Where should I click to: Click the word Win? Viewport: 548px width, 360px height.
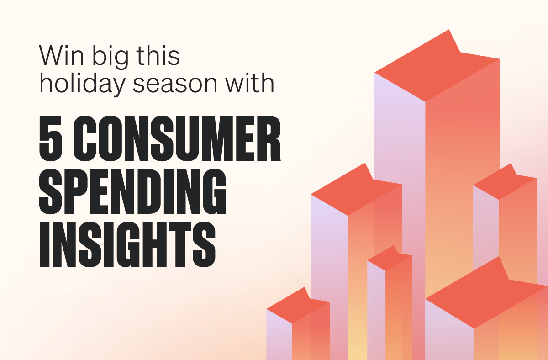(x=61, y=55)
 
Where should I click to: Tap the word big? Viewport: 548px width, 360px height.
(x=110, y=57)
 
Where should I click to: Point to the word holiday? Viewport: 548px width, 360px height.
(x=83, y=85)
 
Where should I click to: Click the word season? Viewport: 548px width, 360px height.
(x=175, y=85)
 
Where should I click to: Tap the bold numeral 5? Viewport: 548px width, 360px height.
(x=51, y=138)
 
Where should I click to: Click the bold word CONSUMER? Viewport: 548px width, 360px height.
(x=177, y=138)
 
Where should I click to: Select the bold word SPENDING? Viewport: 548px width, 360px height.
(x=132, y=191)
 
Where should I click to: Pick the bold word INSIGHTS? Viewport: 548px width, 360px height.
(x=127, y=244)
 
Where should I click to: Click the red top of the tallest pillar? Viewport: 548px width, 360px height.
(x=437, y=66)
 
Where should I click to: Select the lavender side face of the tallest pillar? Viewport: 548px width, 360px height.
(x=400, y=208)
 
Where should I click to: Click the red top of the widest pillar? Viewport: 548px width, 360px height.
(x=487, y=294)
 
